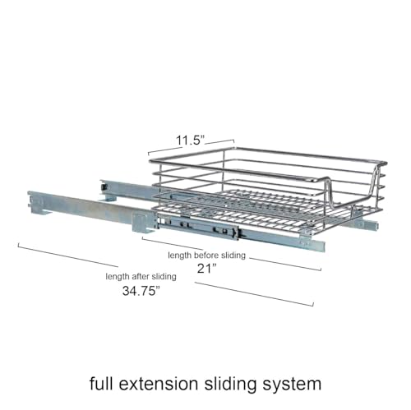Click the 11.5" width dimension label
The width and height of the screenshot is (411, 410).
190,141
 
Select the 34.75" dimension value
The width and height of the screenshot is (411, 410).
141,291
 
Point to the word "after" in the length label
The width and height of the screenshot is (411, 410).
141,277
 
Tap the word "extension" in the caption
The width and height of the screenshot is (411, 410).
159,384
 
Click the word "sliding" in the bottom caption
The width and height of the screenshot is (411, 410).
230,385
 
